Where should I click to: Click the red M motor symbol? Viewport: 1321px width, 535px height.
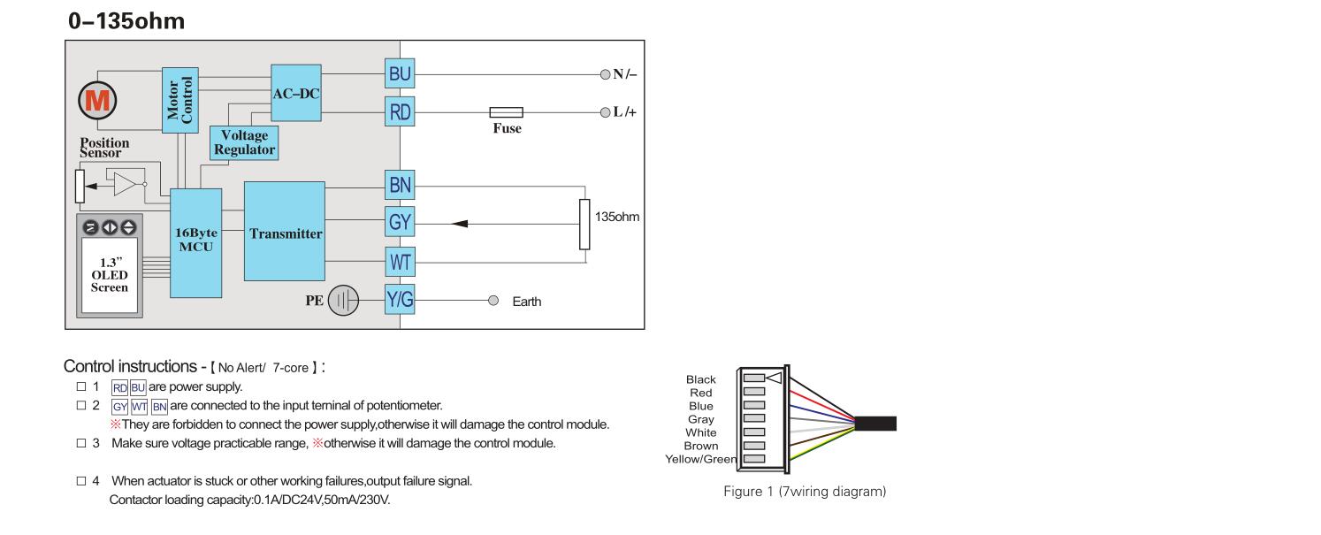pos(99,101)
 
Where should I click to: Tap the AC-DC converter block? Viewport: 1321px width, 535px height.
pos(296,93)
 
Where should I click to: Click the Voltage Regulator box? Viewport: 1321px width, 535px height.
pos(244,142)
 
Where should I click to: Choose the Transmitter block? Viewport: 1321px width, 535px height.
pos(285,233)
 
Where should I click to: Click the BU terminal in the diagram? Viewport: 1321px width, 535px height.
pos(400,75)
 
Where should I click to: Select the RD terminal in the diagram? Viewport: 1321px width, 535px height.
pos(400,112)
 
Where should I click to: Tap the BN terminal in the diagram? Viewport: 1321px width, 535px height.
pos(400,186)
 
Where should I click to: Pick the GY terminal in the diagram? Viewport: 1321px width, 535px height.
pos(400,223)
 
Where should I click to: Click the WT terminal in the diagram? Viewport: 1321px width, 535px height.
pos(400,263)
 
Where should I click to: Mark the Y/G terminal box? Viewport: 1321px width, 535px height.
pos(400,301)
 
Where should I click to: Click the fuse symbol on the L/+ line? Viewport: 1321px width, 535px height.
pos(506,112)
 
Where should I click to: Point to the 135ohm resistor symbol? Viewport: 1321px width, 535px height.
pos(584,225)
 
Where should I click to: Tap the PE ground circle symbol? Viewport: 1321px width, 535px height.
pos(343,302)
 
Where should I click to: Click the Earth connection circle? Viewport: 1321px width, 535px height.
pos(493,301)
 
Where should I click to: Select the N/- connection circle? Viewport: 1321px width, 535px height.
pos(605,74)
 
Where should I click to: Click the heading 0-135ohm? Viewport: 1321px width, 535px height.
pos(126,22)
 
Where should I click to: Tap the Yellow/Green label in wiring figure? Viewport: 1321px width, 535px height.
pos(701,458)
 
